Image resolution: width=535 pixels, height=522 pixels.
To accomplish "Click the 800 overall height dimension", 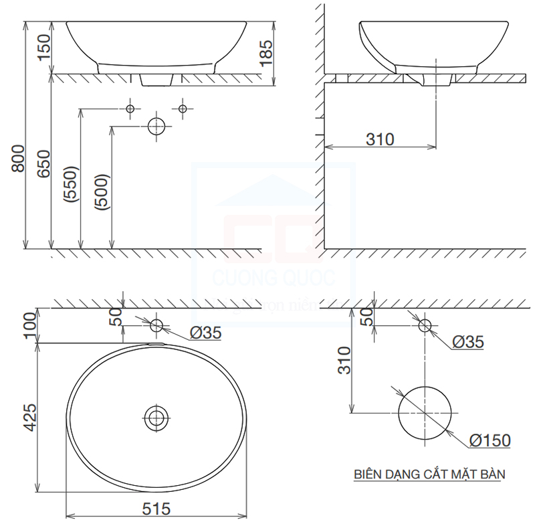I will tap(19, 159).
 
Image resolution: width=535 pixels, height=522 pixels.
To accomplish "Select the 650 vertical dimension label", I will tap(44, 163).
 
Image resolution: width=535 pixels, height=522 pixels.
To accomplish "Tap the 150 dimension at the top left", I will tap(44, 48).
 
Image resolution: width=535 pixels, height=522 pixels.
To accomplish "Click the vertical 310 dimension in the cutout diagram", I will tap(344, 361).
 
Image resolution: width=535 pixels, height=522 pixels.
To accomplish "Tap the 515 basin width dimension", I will tap(156, 509).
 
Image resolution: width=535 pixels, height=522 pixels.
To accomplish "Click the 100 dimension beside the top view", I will tap(29, 325).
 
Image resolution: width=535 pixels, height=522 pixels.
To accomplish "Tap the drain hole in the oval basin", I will tap(156, 418).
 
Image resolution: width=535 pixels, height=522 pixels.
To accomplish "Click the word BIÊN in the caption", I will tap(368, 474).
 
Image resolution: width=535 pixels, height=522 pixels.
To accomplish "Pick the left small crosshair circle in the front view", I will tap(130, 108).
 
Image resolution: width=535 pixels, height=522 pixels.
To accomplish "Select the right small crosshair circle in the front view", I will tap(182, 108).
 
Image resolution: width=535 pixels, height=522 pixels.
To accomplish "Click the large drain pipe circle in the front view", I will tap(156, 126).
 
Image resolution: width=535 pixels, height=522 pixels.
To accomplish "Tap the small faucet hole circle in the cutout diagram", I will tap(425, 325).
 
